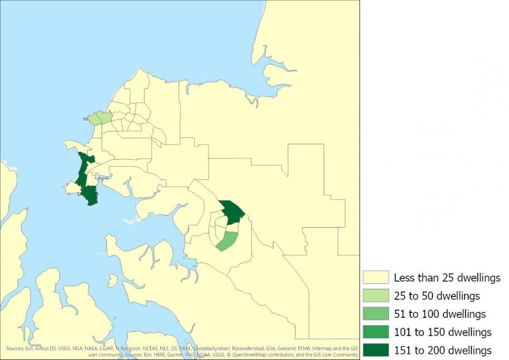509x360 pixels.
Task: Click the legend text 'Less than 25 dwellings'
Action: [x=447, y=277]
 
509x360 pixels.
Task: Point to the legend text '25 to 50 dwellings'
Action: [x=436, y=296]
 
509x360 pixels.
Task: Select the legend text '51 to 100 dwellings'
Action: [x=439, y=313]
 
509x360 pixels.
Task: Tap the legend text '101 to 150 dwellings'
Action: [x=442, y=332]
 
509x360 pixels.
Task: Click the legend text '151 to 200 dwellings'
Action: [x=442, y=350]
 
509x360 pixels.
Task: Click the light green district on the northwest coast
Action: [x=100, y=118]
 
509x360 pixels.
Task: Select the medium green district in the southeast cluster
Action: [x=228, y=241]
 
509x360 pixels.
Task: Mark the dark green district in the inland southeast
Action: [x=232, y=212]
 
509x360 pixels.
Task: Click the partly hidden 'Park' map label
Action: [x=102, y=179]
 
